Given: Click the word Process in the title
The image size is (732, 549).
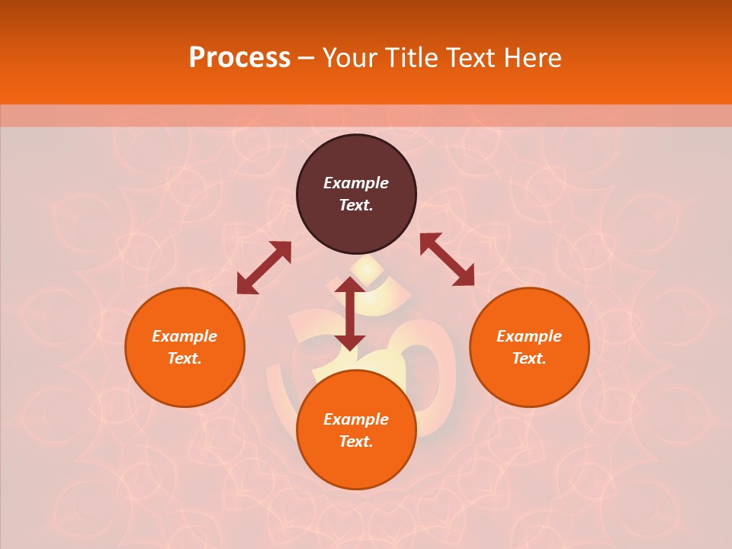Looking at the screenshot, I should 239,58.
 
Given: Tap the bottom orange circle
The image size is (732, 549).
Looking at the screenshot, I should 356,465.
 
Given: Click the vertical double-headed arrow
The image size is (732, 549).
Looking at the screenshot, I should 350,313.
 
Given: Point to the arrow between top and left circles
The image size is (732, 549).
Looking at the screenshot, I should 264,268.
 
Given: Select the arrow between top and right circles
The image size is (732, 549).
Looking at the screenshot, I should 447,259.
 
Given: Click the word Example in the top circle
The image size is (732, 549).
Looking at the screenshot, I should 356,183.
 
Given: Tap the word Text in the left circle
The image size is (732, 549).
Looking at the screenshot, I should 184,358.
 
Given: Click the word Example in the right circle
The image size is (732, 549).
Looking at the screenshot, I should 529,336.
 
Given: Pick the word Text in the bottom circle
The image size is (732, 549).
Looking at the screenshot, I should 355,441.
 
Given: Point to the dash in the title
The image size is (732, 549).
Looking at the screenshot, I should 307,59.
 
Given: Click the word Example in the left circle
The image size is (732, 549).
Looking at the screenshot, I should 185,336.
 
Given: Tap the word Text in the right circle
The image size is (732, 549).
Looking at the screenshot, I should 528,358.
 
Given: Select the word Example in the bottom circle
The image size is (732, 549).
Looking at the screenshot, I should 356,419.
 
